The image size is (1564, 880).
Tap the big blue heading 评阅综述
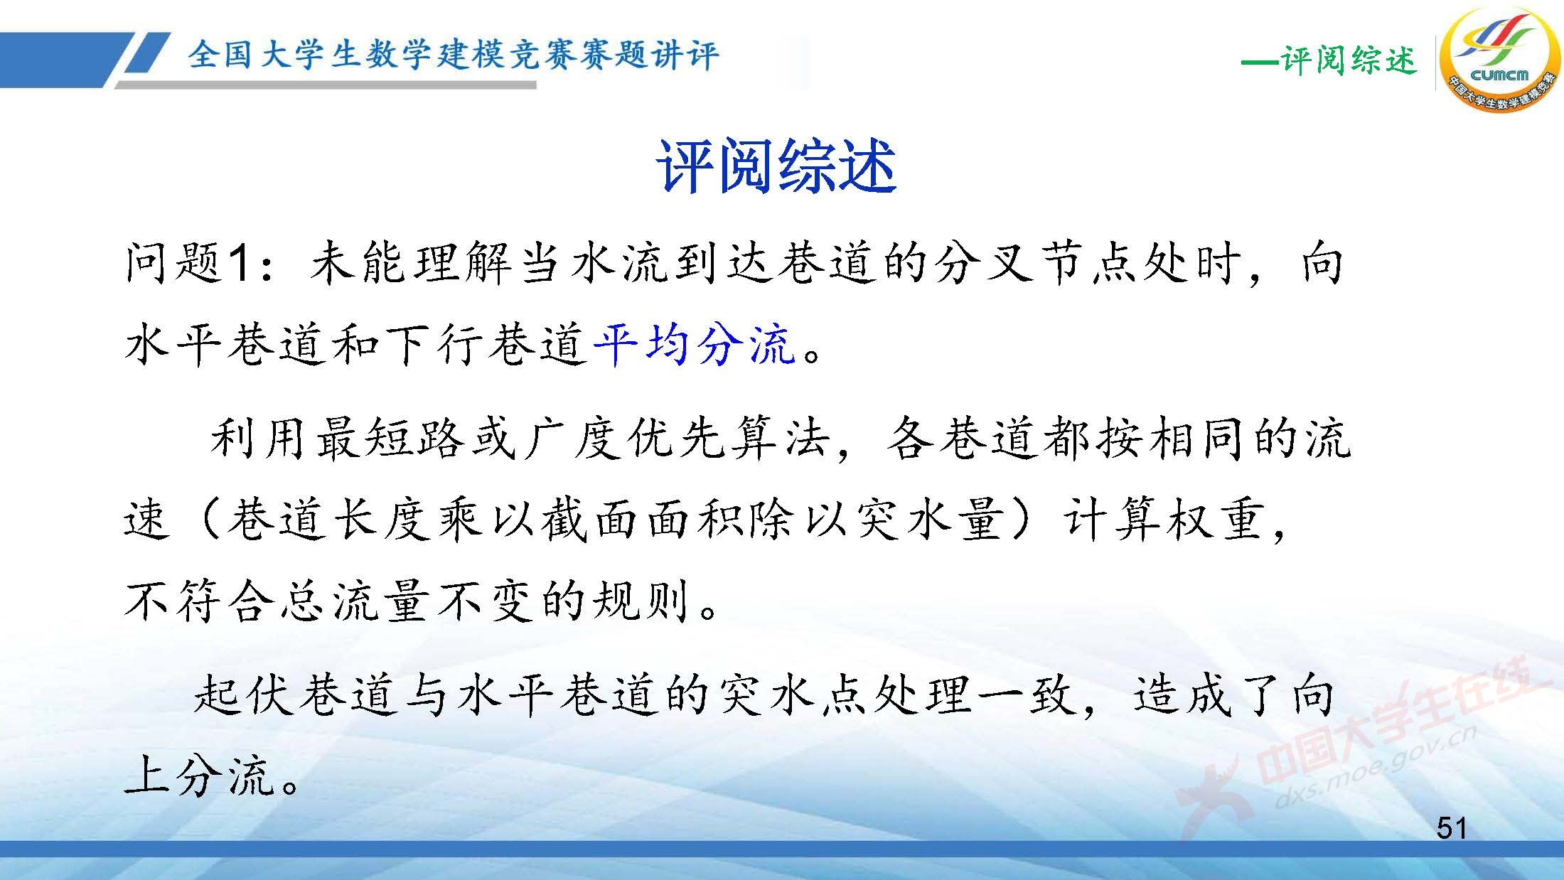776,167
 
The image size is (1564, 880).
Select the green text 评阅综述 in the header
1348,60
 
